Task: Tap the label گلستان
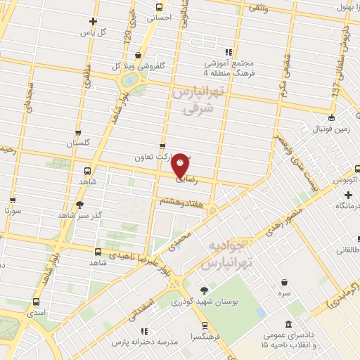(x=79, y=143)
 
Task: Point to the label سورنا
(x=15, y=210)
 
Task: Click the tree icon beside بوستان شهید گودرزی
(x=204, y=290)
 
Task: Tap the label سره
(x=284, y=291)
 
